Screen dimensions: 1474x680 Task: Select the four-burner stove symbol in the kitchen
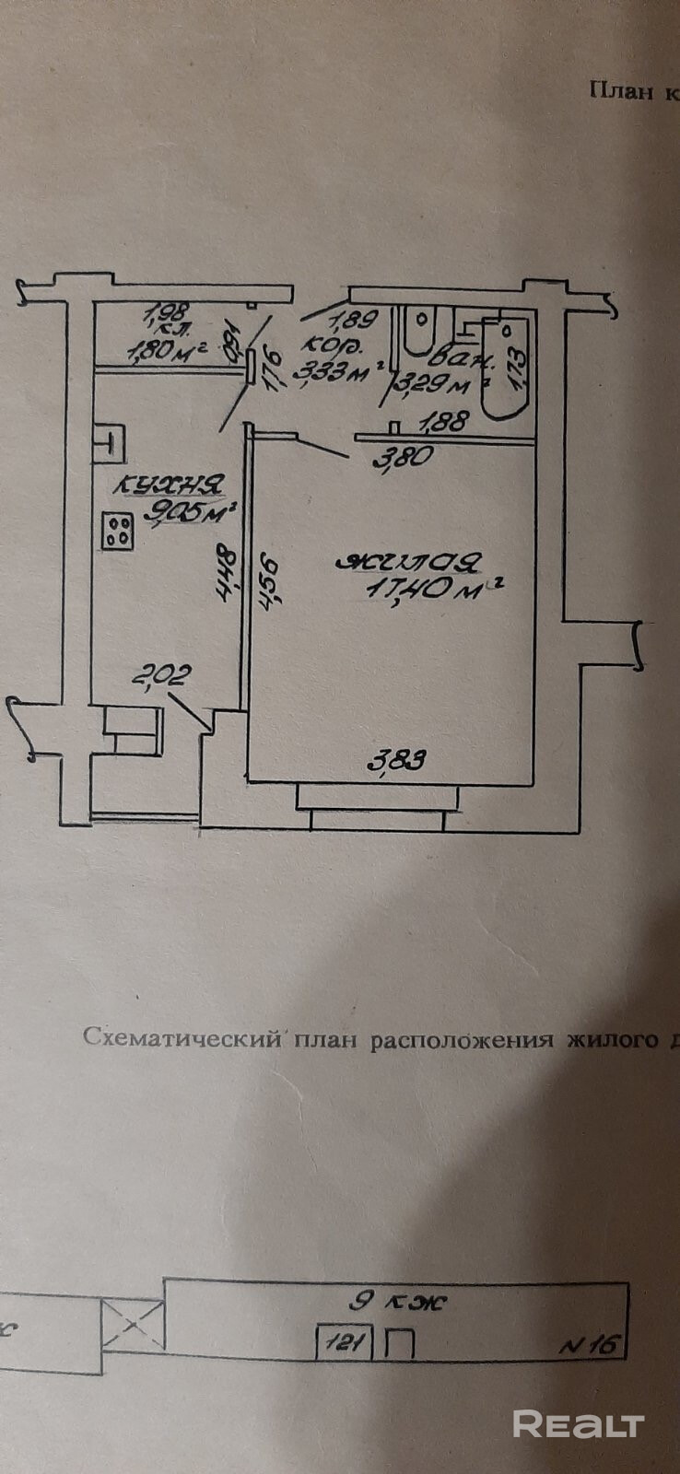[x=117, y=530]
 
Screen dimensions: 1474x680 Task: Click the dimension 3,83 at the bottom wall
[x=397, y=760]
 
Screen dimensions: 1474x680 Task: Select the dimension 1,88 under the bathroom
[x=445, y=421]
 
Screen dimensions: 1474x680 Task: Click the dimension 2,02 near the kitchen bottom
[x=161, y=677]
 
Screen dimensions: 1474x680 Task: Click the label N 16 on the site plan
[x=590, y=1344]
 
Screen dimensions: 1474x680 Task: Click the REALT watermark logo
[x=578, y=1423]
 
